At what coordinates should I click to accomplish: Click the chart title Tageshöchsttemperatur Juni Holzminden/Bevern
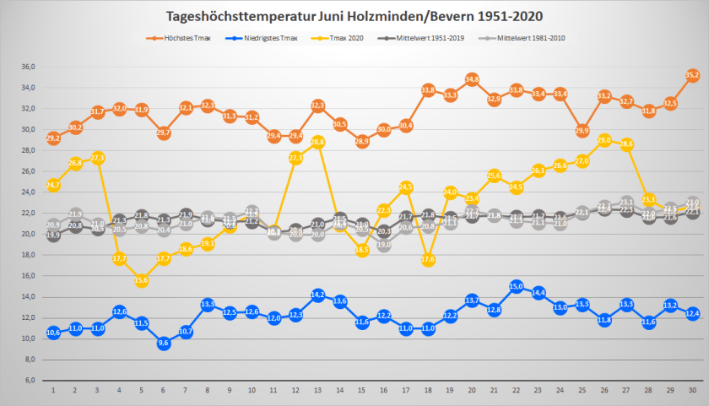pos(354,16)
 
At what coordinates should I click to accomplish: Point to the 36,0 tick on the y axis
pos(28,68)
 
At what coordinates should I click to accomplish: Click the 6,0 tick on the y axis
pos(30,380)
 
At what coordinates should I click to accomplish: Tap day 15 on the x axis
pos(362,391)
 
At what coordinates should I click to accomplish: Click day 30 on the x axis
pos(692,391)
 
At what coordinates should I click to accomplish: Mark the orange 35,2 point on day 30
pos(692,75)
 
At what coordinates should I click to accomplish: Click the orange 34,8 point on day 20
pos(473,79)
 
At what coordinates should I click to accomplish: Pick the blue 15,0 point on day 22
pos(517,286)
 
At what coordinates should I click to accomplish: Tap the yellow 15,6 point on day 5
pos(142,280)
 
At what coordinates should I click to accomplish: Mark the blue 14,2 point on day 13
pos(318,295)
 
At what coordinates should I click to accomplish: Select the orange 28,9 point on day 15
pos(362,142)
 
